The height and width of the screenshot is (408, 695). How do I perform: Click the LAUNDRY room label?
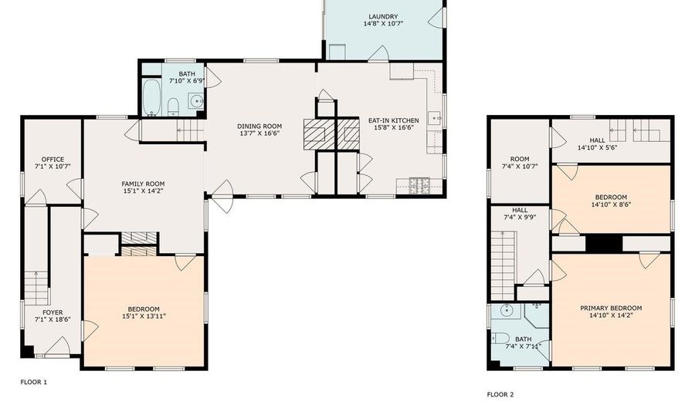[x=383, y=17]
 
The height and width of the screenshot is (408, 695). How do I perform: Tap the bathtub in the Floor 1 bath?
[x=152, y=97]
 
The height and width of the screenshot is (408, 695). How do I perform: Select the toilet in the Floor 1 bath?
[x=173, y=107]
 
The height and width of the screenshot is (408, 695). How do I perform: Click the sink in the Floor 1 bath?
[x=196, y=101]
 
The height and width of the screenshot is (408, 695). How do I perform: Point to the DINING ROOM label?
[x=259, y=126]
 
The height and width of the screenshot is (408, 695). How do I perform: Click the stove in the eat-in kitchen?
[x=419, y=186]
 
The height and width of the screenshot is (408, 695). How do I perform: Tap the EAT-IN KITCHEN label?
[x=394, y=120]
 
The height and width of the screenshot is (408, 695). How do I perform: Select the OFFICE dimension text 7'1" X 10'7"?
[x=53, y=167]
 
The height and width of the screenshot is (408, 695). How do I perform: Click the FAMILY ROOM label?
[x=143, y=184]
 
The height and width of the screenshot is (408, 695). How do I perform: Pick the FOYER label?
[x=53, y=312]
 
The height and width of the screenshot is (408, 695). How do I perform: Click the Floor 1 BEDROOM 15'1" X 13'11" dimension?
[x=144, y=316]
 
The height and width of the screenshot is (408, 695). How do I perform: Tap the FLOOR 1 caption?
[x=34, y=382]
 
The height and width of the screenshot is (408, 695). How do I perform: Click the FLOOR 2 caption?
[x=500, y=394]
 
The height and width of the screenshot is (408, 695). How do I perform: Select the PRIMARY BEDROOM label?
[x=611, y=309]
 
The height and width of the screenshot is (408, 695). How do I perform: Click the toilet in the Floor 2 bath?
[x=500, y=339]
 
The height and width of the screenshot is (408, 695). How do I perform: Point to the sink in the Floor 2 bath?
[x=507, y=311]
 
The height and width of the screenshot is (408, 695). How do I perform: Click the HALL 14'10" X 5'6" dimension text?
[x=598, y=147]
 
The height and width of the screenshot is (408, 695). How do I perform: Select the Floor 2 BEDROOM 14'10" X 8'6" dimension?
[x=611, y=204]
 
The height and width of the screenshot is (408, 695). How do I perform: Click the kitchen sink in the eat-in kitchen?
[x=435, y=119]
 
